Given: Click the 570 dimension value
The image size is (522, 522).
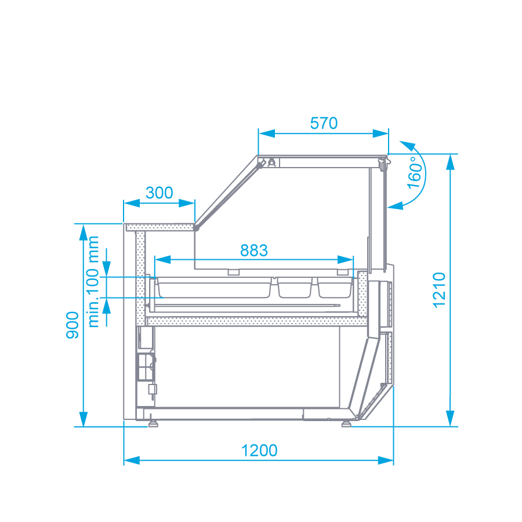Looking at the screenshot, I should (x=324, y=123).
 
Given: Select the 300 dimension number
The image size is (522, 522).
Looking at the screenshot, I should (x=159, y=193).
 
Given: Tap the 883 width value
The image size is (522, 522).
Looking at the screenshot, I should (x=254, y=250).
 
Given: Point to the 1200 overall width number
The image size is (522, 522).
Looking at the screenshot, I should (x=259, y=450).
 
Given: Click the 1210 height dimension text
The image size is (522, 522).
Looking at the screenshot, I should (x=439, y=289).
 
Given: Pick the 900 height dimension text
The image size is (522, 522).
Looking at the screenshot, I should (x=72, y=325).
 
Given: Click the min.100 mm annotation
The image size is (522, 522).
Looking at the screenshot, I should (x=94, y=281).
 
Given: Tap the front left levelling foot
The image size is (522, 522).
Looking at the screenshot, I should (x=153, y=423).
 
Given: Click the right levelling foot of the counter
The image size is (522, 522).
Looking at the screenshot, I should (x=346, y=423).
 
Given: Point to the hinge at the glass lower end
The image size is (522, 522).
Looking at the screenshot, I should (x=197, y=228).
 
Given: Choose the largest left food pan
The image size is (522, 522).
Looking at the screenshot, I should (x=214, y=288).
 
